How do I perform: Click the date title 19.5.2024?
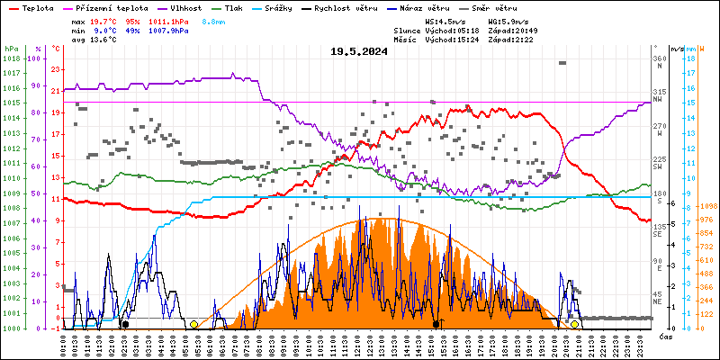pyautogui.click(x=359, y=51)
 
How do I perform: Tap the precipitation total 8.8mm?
pyautogui.click(x=212, y=21)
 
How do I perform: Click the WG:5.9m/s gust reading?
pyautogui.click(x=508, y=21)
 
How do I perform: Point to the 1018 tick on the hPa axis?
pyautogui.click(x=12, y=58)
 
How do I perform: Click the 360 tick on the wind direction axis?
pyautogui.click(x=659, y=58)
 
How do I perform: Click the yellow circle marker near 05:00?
pyautogui.click(x=193, y=324)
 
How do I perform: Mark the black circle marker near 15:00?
pyautogui.click(x=436, y=324)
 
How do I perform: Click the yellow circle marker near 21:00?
pyautogui.click(x=574, y=324)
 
